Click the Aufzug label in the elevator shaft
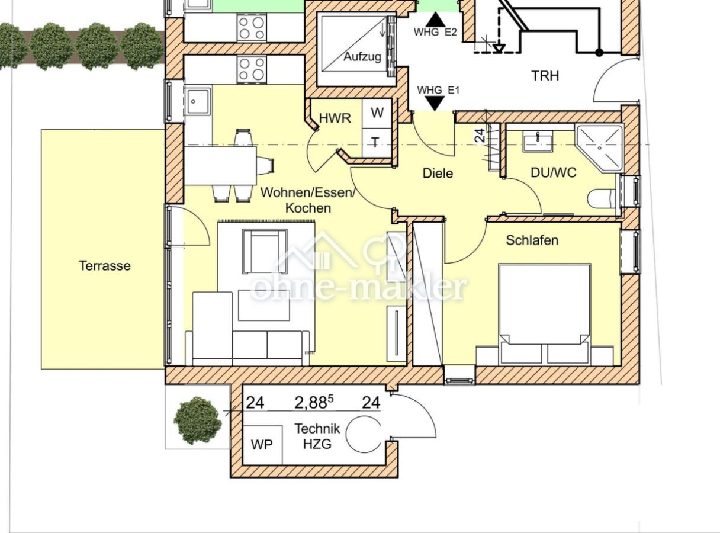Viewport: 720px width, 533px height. tap(362, 57)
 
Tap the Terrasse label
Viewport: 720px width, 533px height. tap(105, 266)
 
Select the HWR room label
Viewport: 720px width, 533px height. tap(335, 118)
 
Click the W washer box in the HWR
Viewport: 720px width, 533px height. tap(377, 113)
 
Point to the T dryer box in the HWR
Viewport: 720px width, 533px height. tap(377, 143)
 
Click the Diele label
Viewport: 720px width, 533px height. tap(438, 173)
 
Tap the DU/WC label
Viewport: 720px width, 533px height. tap(554, 172)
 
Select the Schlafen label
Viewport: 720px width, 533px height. tap(532, 240)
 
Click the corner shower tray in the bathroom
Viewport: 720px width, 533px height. tap(599, 148)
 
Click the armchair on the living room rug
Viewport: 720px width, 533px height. tap(265, 252)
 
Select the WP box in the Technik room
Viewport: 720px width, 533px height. tap(262, 445)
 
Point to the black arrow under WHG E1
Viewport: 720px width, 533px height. tap(435, 104)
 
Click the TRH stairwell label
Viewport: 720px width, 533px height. tap(545, 76)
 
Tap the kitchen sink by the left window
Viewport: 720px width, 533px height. tap(198, 101)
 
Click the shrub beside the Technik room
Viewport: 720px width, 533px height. tap(198, 420)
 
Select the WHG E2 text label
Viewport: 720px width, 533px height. tap(435, 32)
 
